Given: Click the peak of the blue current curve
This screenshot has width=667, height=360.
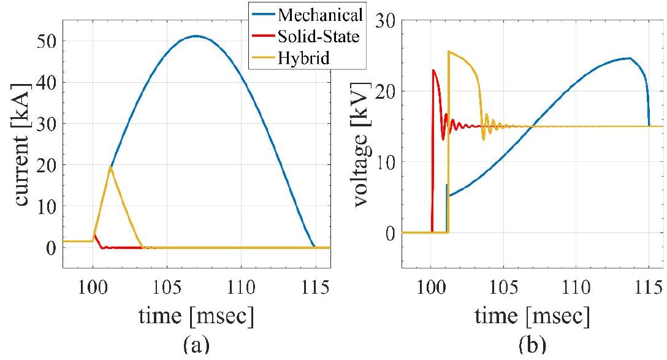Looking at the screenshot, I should click(x=195, y=36).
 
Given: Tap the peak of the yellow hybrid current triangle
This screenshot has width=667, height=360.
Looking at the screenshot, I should click(x=110, y=167).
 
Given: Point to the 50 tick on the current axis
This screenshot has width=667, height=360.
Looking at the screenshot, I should click(x=48, y=41).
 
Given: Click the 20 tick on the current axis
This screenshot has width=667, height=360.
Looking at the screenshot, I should click(x=48, y=165).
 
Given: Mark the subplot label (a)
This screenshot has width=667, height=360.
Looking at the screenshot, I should click(x=196, y=345).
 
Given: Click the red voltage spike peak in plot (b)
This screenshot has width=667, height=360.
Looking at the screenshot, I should click(x=433, y=70).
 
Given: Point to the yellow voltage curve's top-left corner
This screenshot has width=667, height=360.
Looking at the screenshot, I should click(x=449, y=52).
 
